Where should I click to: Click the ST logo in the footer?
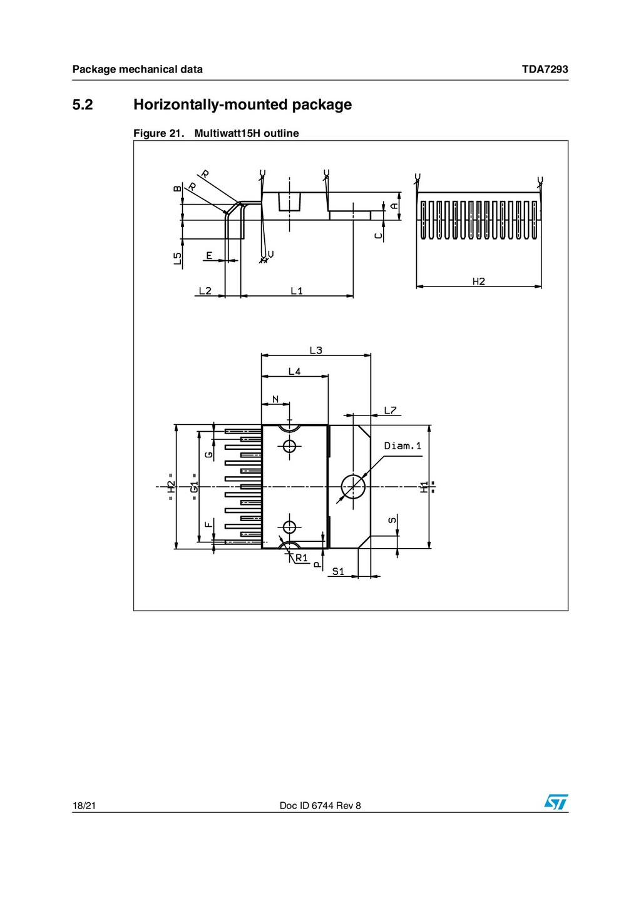[555, 802]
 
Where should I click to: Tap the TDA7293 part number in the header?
[545, 69]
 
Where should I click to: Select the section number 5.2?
[83, 104]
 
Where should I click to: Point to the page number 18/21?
[84, 806]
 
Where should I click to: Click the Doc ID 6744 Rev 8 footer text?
[320, 806]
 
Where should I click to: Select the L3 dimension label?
[316, 350]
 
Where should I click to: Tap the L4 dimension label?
[294, 372]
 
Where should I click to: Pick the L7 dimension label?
[390, 410]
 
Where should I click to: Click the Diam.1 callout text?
[403, 446]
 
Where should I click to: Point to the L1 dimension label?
[297, 291]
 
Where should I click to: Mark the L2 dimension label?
[205, 291]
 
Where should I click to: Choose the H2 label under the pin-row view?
[479, 282]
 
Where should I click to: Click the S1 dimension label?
[338, 571]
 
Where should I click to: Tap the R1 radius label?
[302, 557]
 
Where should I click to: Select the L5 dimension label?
[178, 258]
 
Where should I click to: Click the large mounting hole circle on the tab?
[353, 486]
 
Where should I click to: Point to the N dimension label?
[275, 399]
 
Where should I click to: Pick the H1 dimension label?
[424, 487]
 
